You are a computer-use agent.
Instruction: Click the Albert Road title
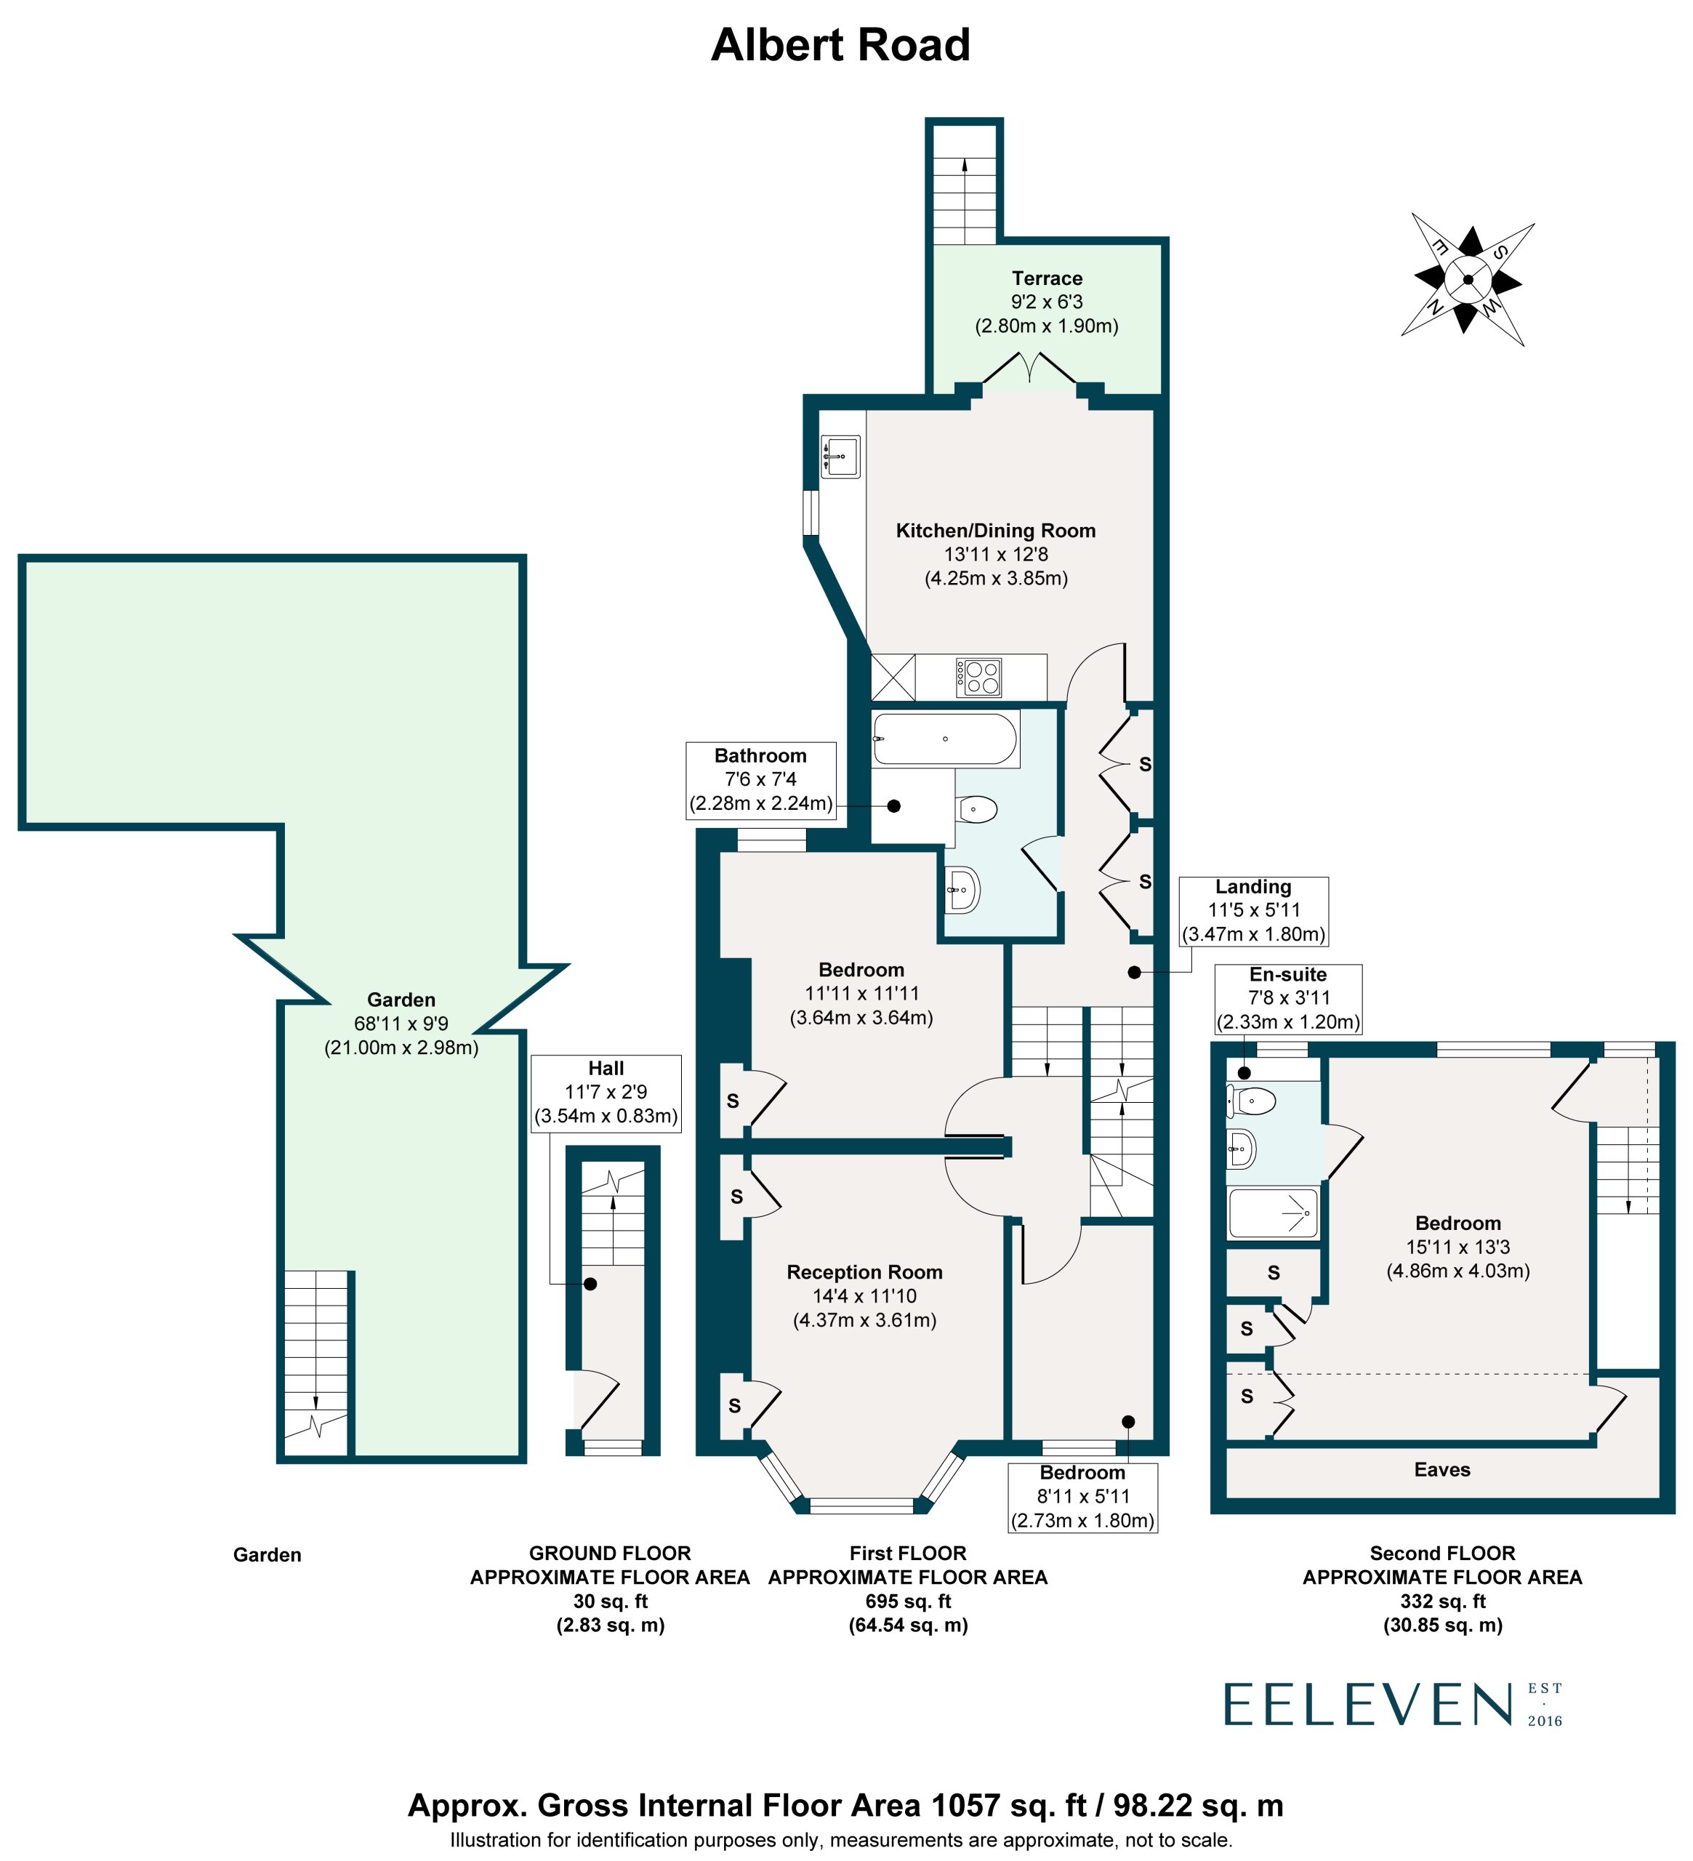840,45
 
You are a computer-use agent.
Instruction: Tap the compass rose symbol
1467,278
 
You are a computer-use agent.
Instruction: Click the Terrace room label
1047,278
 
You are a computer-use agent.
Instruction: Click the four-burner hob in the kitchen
978,677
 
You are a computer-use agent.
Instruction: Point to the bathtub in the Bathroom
944,739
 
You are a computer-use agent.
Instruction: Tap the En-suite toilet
1251,1101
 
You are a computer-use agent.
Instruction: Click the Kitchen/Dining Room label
996,530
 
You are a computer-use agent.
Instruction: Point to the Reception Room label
864,1271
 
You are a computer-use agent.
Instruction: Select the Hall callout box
606,1093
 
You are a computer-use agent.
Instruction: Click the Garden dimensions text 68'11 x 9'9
401,1023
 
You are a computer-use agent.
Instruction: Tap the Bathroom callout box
760,780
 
